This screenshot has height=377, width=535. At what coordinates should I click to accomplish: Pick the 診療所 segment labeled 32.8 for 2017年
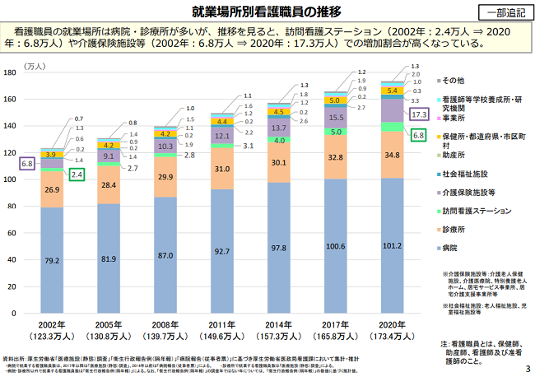tap(336, 157)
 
